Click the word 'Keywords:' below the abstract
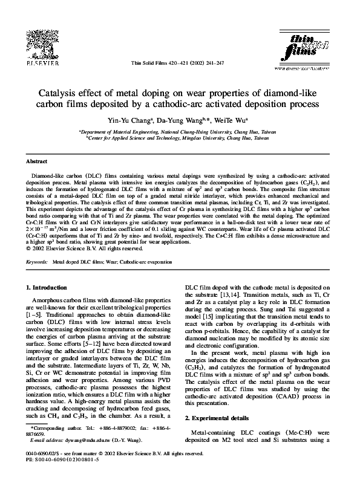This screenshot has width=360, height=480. point(37,262)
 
